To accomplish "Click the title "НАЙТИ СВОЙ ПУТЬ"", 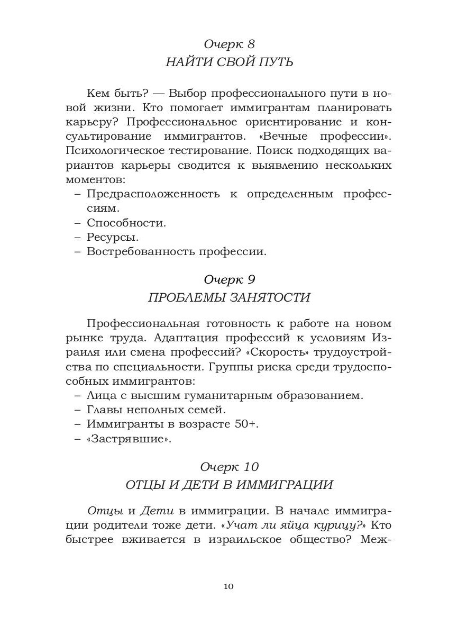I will click(x=229, y=62).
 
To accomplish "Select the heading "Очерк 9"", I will click(x=229, y=278).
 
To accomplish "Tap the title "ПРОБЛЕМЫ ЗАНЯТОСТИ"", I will click(x=229, y=297).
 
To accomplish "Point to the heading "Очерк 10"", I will click(x=229, y=467).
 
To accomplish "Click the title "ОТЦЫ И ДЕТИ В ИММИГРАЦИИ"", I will click(x=229, y=485).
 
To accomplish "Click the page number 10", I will click(x=228, y=586).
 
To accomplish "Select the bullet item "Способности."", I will click(x=126, y=223).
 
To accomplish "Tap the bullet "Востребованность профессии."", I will click(x=177, y=251).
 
